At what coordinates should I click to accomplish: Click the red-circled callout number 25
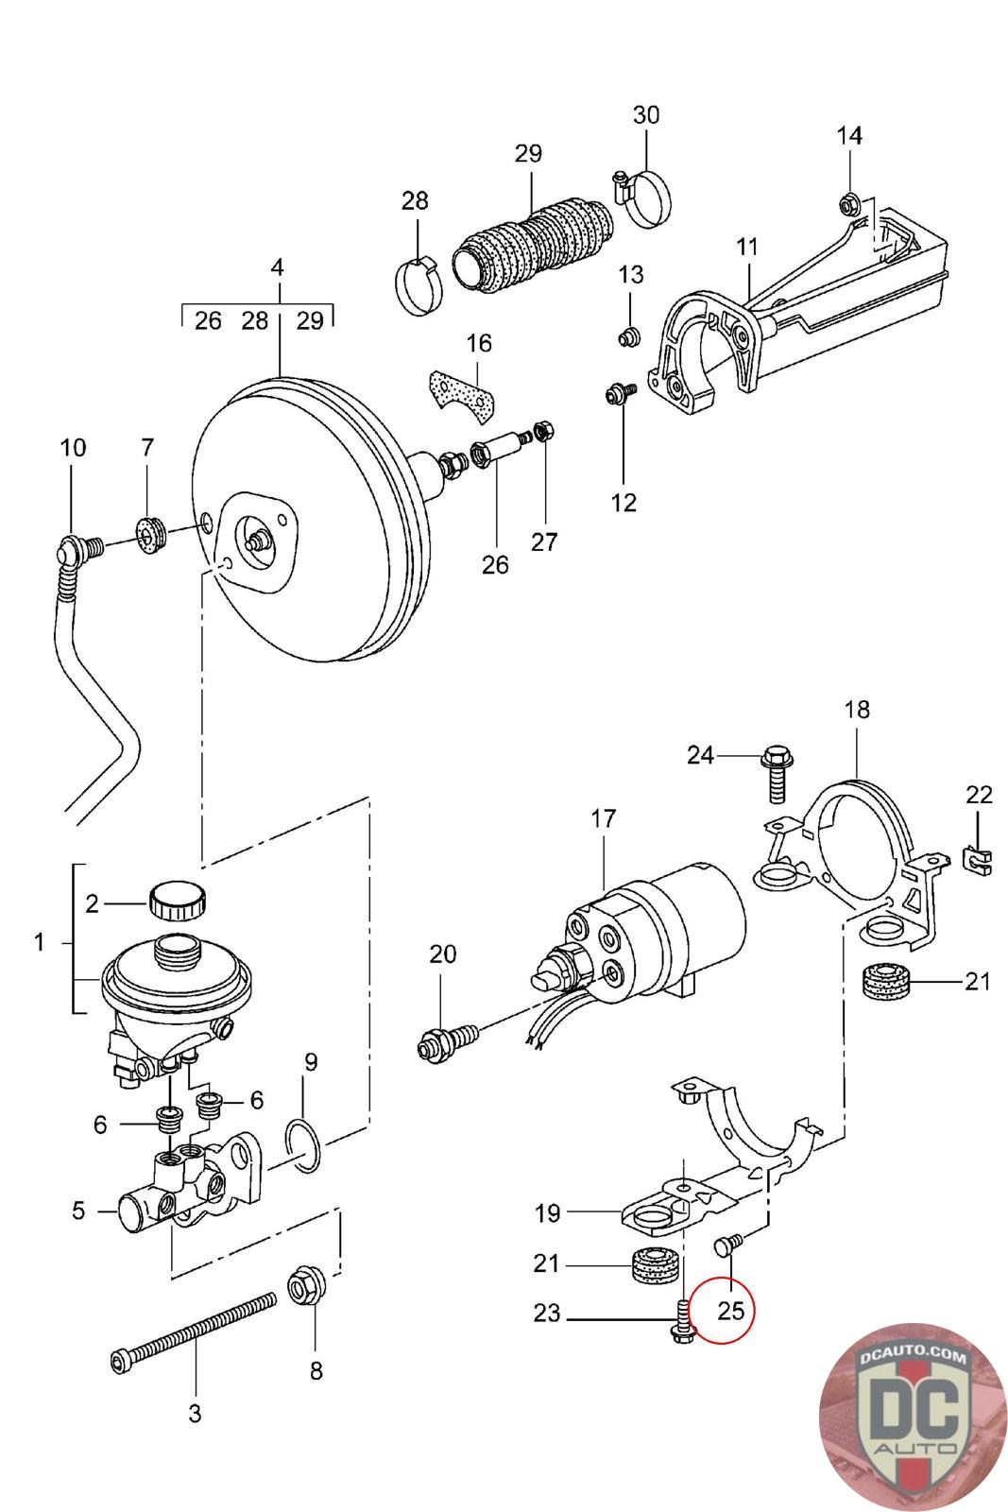tap(730, 1310)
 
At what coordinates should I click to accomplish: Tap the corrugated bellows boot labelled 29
tap(532, 245)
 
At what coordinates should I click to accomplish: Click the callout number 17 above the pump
tap(603, 818)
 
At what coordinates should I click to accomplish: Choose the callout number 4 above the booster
tap(278, 267)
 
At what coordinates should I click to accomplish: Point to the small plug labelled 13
tap(629, 336)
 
